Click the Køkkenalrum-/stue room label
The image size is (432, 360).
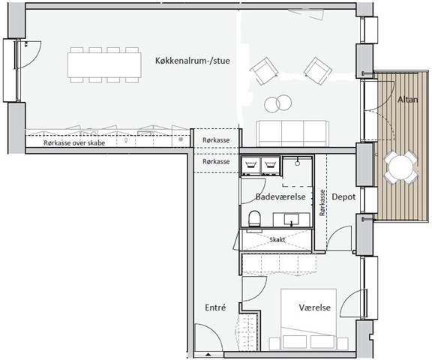pyautogui.click(x=192, y=61)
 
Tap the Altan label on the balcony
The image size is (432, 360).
pyautogui.click(x=407, y=100)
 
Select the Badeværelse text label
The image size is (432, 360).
pyautogui.click(x=280, y=196)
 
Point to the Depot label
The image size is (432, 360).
pyautogui.click(x=343, y=196)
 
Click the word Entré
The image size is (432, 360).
pyautogui.click(x=215, y=307)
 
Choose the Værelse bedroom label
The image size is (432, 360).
pyautogui.click(x=315, y=307)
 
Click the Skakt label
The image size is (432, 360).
pyautogui.click(x=277, y=240)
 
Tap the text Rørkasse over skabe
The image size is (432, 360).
pyautogui.click(x=74, y=143)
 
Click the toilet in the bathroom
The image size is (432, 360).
pyautogui.click(x=254, y=219)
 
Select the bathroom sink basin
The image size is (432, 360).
pyautogui.click(x=292, y=220)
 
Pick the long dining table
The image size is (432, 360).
pyautogui.click(x=104, y=65)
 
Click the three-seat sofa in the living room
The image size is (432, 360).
pyautogui.click(x=292, y=133)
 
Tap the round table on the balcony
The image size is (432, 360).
pyautogui.click(x=401, y=167)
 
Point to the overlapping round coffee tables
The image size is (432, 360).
pyautogui.click(x=277, y=103)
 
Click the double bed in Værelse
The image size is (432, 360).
pyautogui.click(x=308, y=319)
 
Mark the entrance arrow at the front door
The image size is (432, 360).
pyautogui.click(x=208, y=354)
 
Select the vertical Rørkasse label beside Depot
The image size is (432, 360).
pyautogui.click(x=322, y=202)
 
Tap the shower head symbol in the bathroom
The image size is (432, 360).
pyautogui.click(x=297, y=162)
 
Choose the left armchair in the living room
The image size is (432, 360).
pyautogui.click(x=264, y=70)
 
